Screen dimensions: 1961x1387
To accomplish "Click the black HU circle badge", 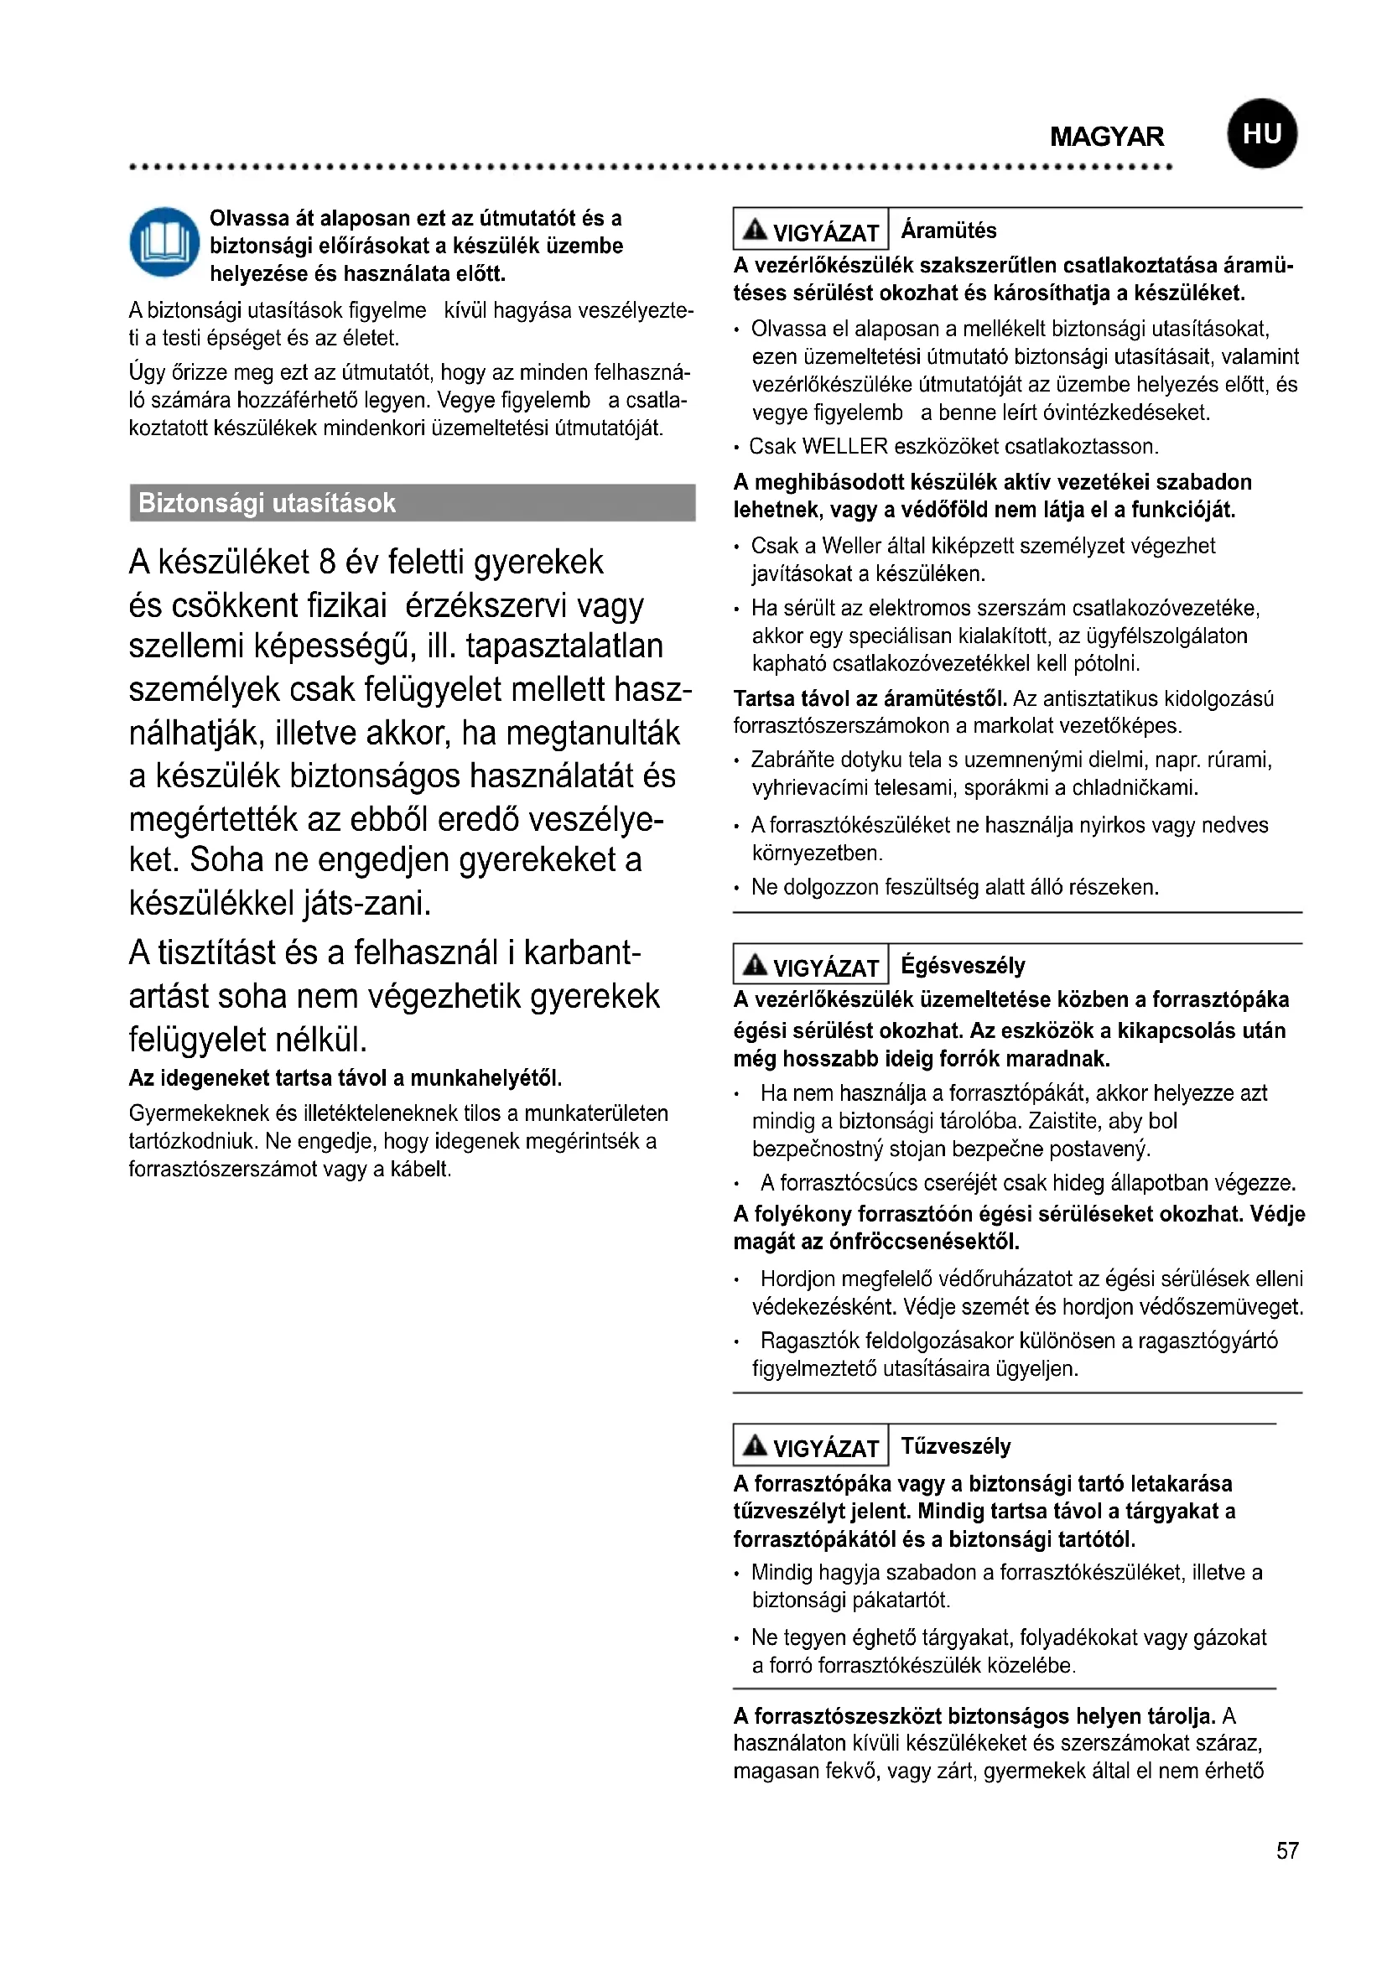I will coord(1261,134).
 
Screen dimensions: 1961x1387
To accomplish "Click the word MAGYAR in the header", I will coord(1106,137).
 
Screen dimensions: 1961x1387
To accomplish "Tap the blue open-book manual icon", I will coord(164,241).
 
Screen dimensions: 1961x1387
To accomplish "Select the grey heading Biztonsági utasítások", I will coord(268,503).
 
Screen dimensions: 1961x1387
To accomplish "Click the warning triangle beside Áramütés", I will coord(755,230).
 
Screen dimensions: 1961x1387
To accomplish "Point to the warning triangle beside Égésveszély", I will coord(755,965).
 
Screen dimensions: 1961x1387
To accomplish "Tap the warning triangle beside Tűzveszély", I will coord(755,1445).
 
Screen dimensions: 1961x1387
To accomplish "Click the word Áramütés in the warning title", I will coord(948,231).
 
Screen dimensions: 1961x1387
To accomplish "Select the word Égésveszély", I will coord(963,966).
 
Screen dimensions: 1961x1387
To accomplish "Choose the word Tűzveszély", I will coord(956,1446).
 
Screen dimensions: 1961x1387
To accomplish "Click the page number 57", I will coord(1287,1851).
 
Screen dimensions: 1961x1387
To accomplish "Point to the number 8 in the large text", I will coord(327,563).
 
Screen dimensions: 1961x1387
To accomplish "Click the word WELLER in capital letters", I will coord(844,447).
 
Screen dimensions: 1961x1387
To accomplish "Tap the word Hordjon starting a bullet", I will coord(797,1279).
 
